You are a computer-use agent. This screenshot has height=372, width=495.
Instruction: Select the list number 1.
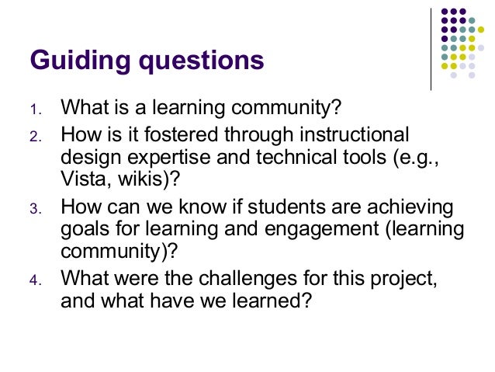point(35,107)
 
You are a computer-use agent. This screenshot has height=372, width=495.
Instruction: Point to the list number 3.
point(35,209)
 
